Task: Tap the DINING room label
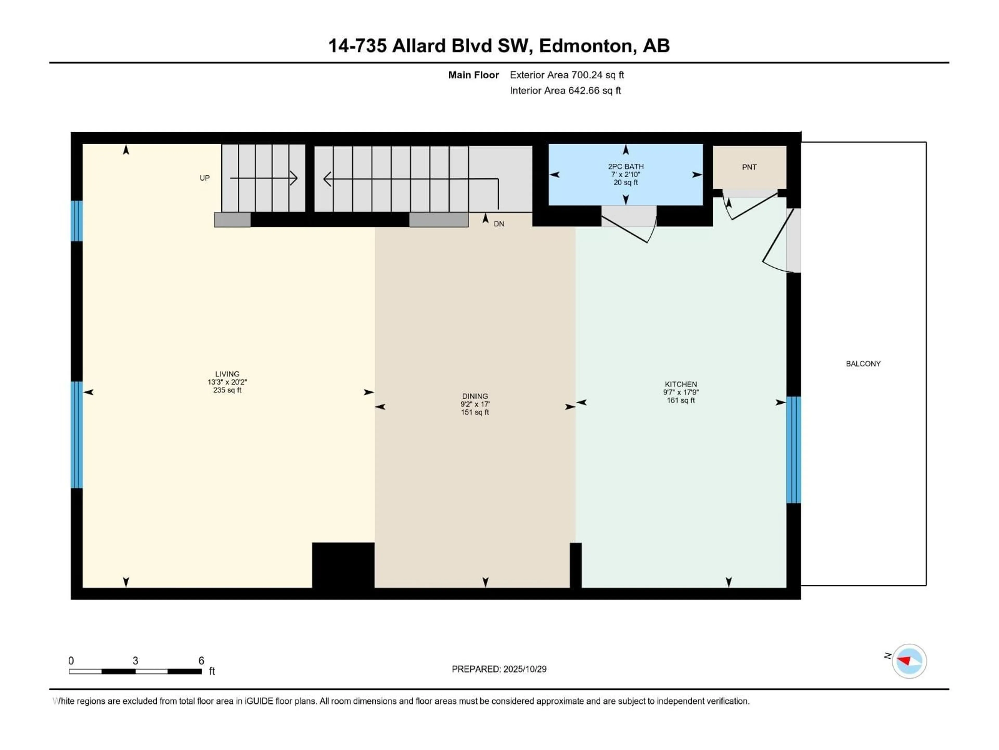(475, 396)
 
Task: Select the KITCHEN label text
(681, 384)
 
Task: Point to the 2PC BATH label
(625, 166)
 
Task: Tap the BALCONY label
(863, 364)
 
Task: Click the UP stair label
(204, 178)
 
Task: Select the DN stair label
(499, 224)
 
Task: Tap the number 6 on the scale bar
(201, 660)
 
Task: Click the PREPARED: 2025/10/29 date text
(499, 669)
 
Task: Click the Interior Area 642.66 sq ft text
(565, 90)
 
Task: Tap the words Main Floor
(473, 75)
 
